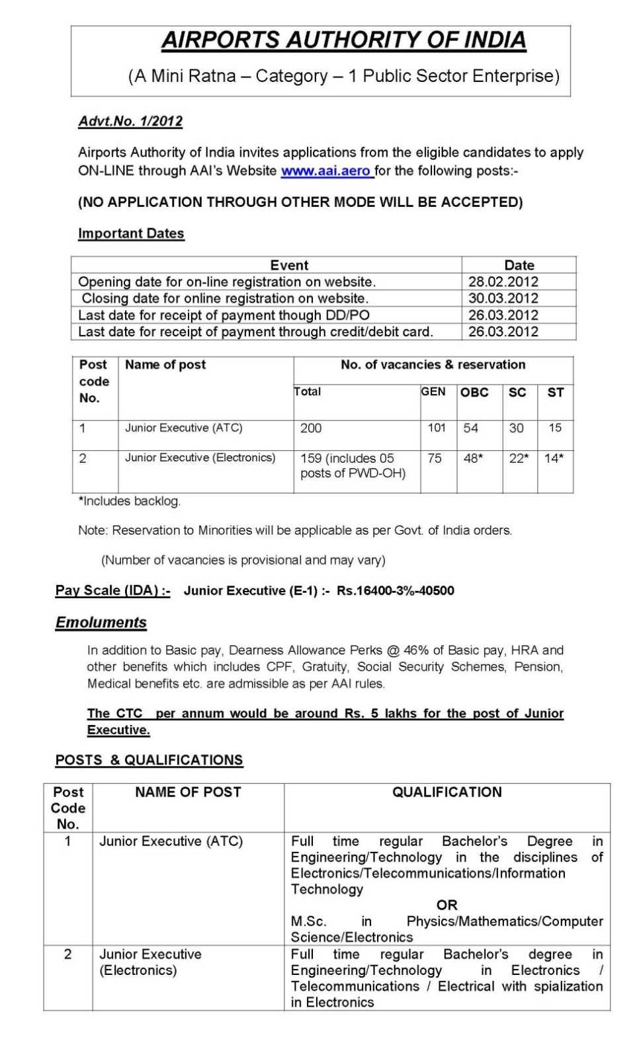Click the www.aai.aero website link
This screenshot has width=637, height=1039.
click(326, 171)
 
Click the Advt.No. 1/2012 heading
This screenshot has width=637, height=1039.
click(130, 121)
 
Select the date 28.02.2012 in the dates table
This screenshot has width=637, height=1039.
click(503, 282)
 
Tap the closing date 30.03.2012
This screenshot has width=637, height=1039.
click(503, 298)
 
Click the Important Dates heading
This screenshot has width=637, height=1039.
click(131, 233)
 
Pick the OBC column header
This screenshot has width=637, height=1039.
click(474, 392)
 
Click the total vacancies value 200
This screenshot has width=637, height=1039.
click(311, 428)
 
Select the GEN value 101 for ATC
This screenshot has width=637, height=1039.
click(437, 428)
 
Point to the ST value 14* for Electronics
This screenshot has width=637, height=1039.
click(554, 458)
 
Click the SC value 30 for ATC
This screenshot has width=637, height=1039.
click(516, 428)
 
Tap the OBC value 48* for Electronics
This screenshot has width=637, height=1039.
click(473, 458)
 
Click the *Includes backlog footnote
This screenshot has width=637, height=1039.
click(130, 501)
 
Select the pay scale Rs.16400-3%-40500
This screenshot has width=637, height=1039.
click(395, 591)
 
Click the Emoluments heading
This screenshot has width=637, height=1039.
click(101, 623)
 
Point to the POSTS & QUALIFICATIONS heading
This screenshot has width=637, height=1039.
click(149, 760)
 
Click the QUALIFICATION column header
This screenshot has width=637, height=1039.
click(446, 792)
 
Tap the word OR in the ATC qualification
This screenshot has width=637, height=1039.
click(446, 905)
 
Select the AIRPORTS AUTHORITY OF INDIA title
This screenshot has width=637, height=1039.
click(344, 40)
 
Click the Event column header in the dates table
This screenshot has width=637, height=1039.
click(289, 265)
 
